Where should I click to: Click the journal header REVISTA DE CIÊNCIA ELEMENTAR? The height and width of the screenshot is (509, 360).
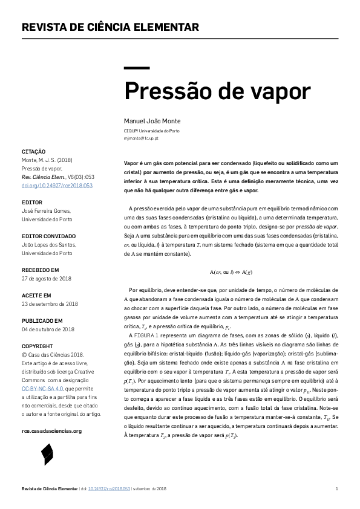tap(110, 27)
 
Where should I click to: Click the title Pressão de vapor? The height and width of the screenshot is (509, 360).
tap(217, 91)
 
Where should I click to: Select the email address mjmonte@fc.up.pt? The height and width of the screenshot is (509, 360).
tap(141, 138)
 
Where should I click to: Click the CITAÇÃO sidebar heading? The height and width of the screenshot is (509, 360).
tap(34, 151)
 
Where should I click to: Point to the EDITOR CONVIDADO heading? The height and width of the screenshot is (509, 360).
tap(49, 236)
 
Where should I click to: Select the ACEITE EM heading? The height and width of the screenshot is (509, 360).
tap(36, 295)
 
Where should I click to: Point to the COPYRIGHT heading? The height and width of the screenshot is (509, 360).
tap(37, 346)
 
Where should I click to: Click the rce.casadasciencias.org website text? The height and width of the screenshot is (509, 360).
tap(51, 431)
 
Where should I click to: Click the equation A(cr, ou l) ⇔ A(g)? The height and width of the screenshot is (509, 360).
tap(231, 271)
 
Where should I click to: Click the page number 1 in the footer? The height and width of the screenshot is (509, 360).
tap(336, 488)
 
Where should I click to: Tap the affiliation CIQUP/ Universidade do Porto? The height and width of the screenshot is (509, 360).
tap(152, 131)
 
